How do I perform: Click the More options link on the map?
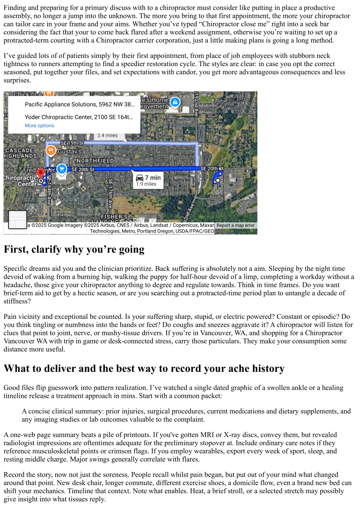39,125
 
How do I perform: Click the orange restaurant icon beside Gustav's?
51,151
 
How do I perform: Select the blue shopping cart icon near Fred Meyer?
62,169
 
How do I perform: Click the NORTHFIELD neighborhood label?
95,161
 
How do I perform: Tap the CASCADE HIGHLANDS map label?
21,153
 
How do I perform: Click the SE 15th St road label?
72,143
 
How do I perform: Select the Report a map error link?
235,225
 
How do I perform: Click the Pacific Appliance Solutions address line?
79,104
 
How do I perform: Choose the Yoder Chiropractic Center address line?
79,117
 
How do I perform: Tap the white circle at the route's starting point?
218,181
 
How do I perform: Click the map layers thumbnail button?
17,220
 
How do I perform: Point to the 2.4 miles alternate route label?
108,136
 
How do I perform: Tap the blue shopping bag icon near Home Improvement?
175,102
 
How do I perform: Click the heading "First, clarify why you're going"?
74,249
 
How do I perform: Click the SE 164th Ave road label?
49,190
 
